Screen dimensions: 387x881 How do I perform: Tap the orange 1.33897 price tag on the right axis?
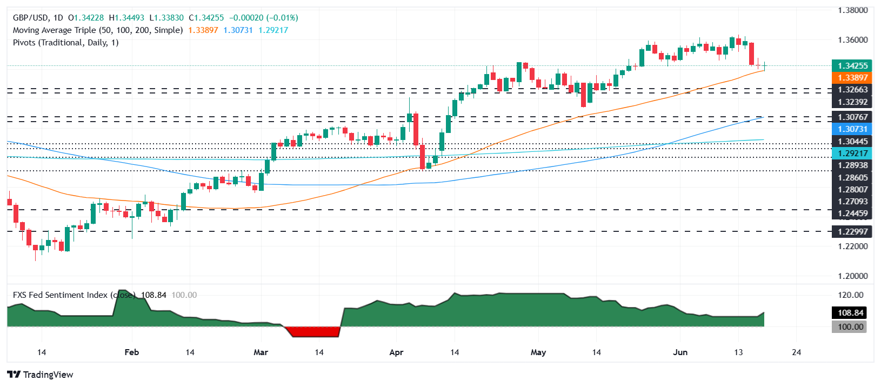pos(852,78)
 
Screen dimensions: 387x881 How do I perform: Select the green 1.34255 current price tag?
pos(852,66)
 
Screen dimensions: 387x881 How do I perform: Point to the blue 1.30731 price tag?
pos(852,129)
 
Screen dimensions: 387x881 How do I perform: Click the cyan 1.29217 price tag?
pos(852,154)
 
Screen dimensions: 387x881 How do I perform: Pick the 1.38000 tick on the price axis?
pos(852,10)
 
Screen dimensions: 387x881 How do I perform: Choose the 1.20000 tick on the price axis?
pos(852,276)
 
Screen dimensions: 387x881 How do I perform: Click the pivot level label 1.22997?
pos(852,232)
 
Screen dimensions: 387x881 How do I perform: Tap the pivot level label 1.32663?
pos(852,90)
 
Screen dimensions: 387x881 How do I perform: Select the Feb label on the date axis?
pos(131,352)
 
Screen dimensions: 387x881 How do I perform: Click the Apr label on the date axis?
pos(396,352)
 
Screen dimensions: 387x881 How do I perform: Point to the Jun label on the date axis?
pos(680,352)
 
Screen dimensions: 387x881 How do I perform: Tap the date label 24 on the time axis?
pos(796,352)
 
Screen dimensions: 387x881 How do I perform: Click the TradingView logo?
pos(40,375)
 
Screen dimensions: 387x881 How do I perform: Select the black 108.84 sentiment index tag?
pos(850,313)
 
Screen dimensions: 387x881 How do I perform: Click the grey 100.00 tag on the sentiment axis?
pos(850,327)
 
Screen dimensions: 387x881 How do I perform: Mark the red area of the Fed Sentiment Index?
pos(313,331)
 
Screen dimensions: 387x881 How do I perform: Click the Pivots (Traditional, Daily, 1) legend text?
pos(65,43)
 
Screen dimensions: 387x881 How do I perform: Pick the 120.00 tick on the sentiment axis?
pos(850,295)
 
